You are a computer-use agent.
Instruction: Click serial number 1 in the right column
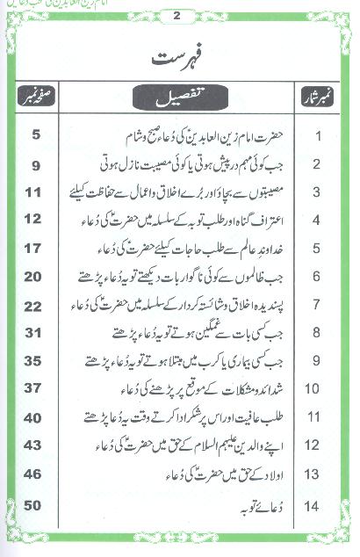319,136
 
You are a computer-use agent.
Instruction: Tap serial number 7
319,305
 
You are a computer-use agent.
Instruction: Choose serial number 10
319,389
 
